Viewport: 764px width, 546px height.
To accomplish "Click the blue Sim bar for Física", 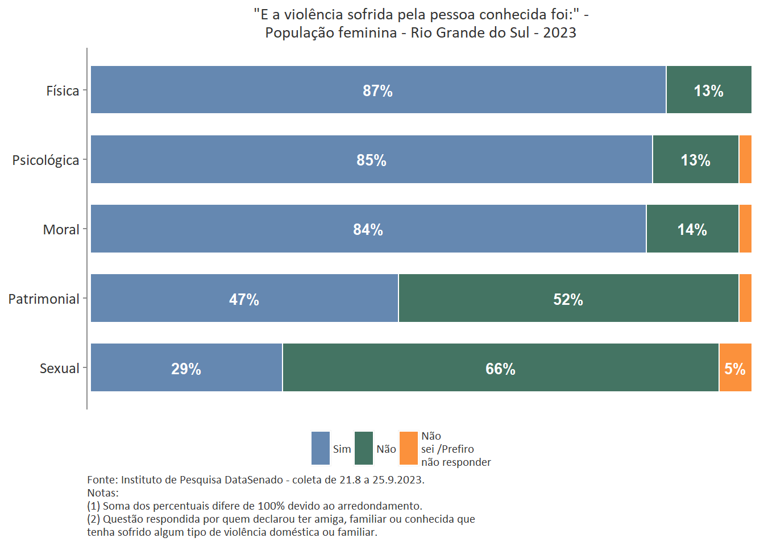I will click(x=284, y=89).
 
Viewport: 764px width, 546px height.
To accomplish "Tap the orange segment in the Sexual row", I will click(x=735, y=367).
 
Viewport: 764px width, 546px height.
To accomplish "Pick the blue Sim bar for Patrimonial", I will click(x=171, y=298).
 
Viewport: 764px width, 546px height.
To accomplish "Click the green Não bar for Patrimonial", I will click(x=483, y=298).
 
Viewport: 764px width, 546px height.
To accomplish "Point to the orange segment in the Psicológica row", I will click(x=745, y=159).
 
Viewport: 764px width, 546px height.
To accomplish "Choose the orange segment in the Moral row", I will click(x=745, y=229).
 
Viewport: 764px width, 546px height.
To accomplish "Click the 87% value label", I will click(x=378, y=91).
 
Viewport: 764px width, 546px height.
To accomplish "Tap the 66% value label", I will click(x=500, y=369).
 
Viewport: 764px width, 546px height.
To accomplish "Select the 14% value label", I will click(x=692, y=230).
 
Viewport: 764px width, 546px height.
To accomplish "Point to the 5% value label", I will click(x=734, y=369).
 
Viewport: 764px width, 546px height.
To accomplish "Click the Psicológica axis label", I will click(x=45, y=160).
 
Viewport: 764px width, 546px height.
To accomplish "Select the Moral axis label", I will click(x=61, y=230).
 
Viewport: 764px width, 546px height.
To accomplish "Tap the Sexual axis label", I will click(x=59, y=369).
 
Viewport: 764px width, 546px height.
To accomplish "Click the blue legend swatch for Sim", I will click(x=321, y=448).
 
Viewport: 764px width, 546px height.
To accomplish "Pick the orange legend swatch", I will click(x=409, y=448).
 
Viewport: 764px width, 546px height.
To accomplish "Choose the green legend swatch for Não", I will click(x=364, y=448).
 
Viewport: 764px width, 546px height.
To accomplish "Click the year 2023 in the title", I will click(x=559, y=32).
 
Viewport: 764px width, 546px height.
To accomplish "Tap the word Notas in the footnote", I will click(x=102, y=493).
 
